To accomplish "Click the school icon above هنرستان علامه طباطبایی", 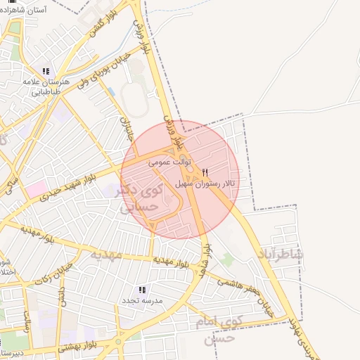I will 46,71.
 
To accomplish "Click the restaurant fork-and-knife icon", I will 205,172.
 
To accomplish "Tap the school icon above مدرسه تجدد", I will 143,289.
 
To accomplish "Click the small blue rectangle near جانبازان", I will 111,91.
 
